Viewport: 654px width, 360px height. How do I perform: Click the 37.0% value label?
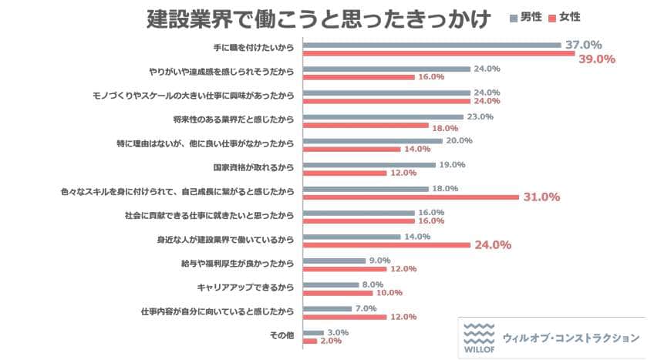[583, 45]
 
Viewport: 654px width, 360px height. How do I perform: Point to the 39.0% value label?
[596, 59]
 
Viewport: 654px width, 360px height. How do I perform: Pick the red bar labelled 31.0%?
[411, 197]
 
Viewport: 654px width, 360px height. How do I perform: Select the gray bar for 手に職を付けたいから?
[432, 45]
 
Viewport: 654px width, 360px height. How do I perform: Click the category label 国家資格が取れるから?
[255, 167]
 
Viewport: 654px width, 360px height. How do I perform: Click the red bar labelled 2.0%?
[309, 341]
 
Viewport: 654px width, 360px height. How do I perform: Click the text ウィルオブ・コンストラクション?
[570, 338]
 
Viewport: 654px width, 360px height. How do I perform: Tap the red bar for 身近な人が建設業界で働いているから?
[386, 245]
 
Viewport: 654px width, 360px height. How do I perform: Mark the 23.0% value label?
[480, 117]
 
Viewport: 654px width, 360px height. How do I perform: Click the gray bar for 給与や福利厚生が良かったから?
[334, 261]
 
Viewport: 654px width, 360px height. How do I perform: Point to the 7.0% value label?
[366, 308]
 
